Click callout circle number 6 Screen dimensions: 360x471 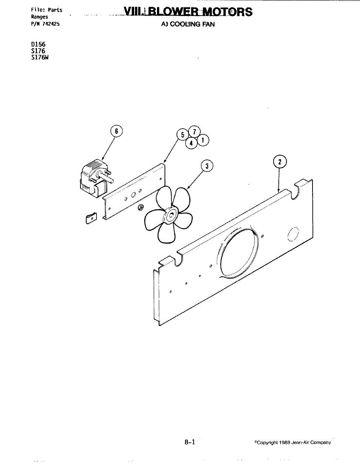point(116,131)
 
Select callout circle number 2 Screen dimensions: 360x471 point(279,162)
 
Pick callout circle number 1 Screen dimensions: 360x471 point(203,140)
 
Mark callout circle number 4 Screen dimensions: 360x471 point(191,143)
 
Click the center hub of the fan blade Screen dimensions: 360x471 point(171,215)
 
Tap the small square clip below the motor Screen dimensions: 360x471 point(91,218)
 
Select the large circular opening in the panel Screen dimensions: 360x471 point(239,252)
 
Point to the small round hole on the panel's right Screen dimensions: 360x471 point(293,234)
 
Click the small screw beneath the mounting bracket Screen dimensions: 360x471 point(141,208)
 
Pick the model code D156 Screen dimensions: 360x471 point(38,45)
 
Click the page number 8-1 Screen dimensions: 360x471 point(190,442)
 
